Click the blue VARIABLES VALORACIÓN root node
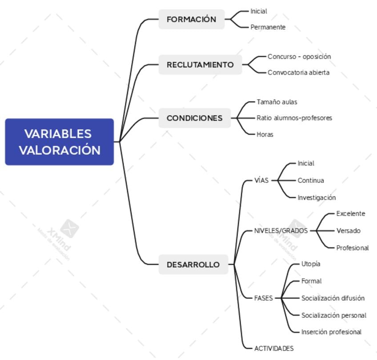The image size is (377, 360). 60,142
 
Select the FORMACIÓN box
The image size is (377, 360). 192,19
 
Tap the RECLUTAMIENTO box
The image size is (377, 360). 200,65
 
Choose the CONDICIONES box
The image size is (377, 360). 195,118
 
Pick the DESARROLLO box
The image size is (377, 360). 193,264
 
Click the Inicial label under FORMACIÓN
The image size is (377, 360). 259,11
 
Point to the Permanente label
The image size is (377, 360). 268,27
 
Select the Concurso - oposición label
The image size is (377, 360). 299,57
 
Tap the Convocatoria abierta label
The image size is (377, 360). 298,73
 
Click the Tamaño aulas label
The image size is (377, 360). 277,102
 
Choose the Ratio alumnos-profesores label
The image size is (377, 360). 294,118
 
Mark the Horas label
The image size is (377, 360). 265,134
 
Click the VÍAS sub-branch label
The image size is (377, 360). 261,181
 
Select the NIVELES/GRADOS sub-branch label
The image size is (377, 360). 281,231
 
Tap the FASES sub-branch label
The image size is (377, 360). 264,298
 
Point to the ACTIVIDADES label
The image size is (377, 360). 274,348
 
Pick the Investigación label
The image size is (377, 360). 317,198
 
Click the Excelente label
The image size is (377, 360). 351,214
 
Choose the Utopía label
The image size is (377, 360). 311,264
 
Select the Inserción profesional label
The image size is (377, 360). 331,332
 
